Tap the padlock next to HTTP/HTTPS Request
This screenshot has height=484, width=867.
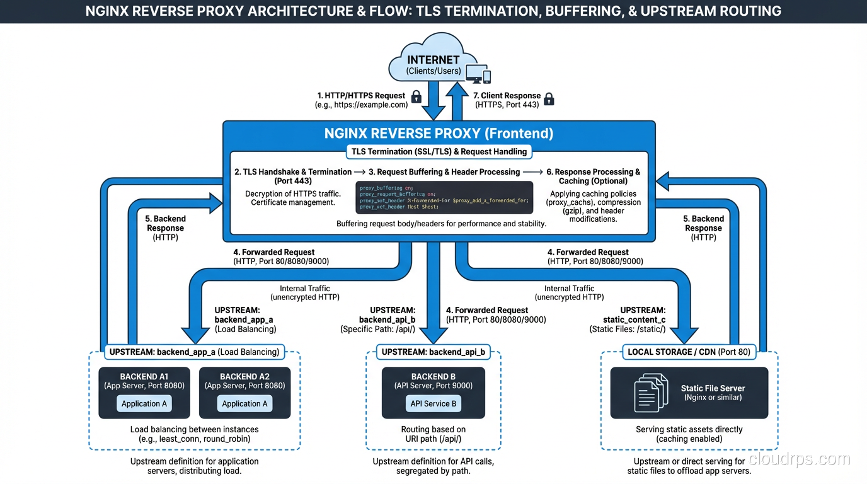(416, 97)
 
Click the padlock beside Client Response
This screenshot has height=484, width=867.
(549, 98)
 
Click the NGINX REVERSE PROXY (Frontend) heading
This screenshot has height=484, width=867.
(439, 133)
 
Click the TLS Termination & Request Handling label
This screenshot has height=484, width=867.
(439, 152)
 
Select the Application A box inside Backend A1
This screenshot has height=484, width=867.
(144, 403)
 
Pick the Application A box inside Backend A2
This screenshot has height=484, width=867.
(244, 403)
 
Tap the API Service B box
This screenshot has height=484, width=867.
(433, 403)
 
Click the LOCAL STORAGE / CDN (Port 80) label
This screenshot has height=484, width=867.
(689, 352)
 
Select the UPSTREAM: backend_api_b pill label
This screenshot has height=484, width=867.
(433, 352)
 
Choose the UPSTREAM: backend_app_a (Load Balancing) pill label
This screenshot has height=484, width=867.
(194, 352)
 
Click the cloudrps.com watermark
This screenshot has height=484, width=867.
(799, 459)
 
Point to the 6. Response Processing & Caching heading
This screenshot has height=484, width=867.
(592, 176)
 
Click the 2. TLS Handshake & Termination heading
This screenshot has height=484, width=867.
(293, 176)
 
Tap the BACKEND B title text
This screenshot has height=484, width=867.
(433, 376)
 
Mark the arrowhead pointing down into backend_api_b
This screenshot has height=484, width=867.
(433, 335)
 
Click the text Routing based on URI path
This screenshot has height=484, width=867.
(433, 434)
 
